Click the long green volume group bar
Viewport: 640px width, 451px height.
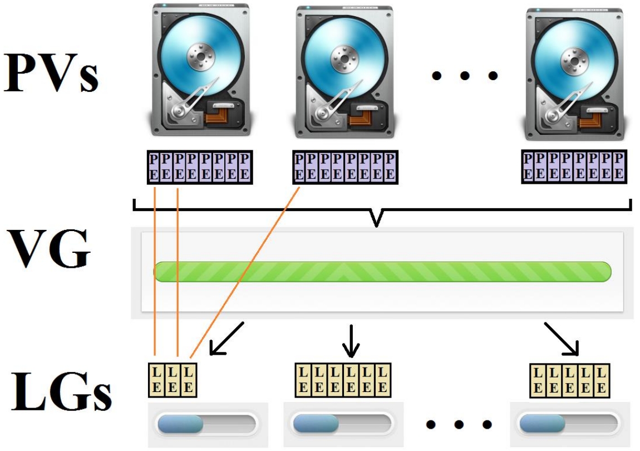[x=382, y=271]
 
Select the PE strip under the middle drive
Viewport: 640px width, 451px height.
[x=344, y=166]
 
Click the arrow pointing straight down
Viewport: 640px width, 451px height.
[x=351, y=341]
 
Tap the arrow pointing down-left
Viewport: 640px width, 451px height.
[x=227, y=338]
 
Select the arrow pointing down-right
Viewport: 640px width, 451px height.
[x=562, y=338]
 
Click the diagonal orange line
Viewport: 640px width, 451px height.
[x=245, y=273]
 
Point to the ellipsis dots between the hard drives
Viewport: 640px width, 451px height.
[x=465, y=75]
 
